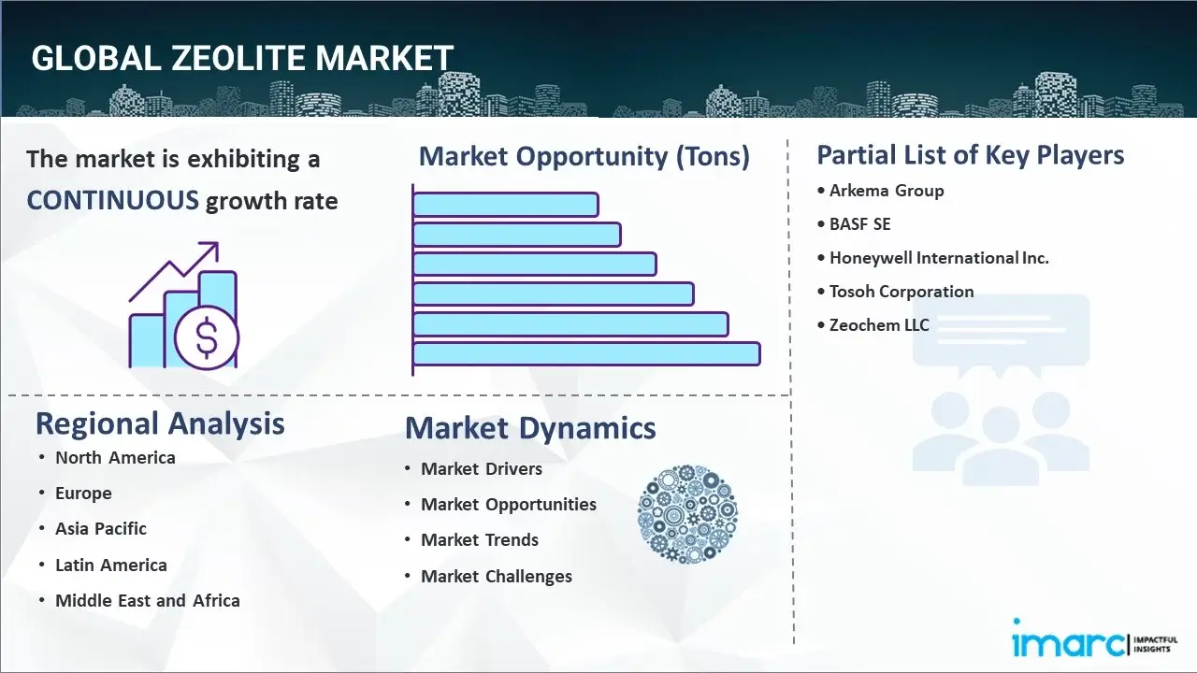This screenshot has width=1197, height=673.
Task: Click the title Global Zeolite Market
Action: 242,58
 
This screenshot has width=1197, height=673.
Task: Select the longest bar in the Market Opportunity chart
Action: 586,353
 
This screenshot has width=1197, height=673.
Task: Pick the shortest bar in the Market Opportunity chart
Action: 505,204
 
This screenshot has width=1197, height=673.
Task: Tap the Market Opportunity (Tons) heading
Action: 584,156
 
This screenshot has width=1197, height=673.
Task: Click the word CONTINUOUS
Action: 112,200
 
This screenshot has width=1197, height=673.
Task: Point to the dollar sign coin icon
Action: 207,339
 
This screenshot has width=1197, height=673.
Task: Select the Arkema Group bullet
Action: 886,191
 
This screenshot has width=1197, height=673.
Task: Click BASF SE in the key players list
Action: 859,224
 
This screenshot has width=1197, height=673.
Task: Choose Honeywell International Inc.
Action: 938,258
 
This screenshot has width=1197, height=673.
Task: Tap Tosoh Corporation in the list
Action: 901,292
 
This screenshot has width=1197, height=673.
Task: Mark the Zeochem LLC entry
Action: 878,325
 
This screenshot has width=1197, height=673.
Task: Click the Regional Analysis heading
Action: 160,423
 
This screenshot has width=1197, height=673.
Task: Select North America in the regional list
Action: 115,458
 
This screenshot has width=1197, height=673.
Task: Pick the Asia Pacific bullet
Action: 101,529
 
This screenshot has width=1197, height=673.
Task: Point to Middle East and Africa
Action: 147,601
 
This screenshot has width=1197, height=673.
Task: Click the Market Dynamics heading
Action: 530,428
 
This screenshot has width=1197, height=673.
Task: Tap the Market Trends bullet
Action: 479,540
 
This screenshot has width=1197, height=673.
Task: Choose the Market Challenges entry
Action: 496,577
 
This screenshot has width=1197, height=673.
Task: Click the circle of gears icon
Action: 687,515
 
